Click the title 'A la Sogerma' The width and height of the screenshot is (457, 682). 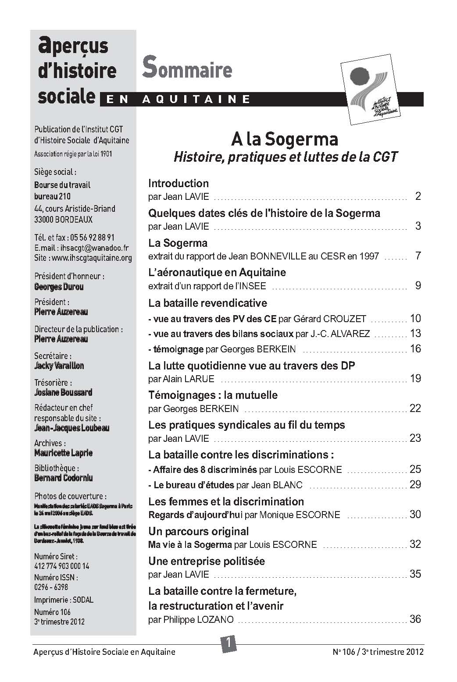tap(285, 140)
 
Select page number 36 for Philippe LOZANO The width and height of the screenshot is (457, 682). tap(415, 619)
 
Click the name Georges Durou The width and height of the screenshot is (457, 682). tap(59, 287)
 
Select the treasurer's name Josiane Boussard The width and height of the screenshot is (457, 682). tap(63, 392)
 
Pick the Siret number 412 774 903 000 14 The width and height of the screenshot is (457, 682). tap(61, 566)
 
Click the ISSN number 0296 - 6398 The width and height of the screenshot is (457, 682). tap(51, 587)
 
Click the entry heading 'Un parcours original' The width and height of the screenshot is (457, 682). tap(199, 531)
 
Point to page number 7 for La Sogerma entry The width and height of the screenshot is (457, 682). tap(418, 256)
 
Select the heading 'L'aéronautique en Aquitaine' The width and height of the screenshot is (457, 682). tap(217, 272)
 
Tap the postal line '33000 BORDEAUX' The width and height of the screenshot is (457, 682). tap(63, 220)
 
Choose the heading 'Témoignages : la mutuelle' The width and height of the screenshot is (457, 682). tap(213, 395)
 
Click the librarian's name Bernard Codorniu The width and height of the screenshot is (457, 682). tap(64, 478)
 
